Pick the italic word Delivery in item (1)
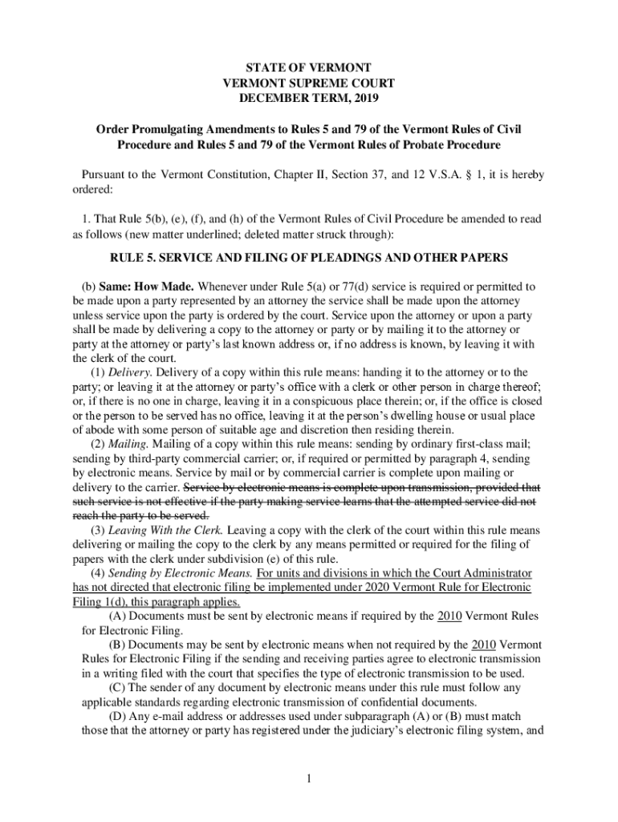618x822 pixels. pyautogui.click(x=128, y=372)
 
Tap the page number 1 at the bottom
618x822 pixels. pyautogui.click(x=309, y=778)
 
